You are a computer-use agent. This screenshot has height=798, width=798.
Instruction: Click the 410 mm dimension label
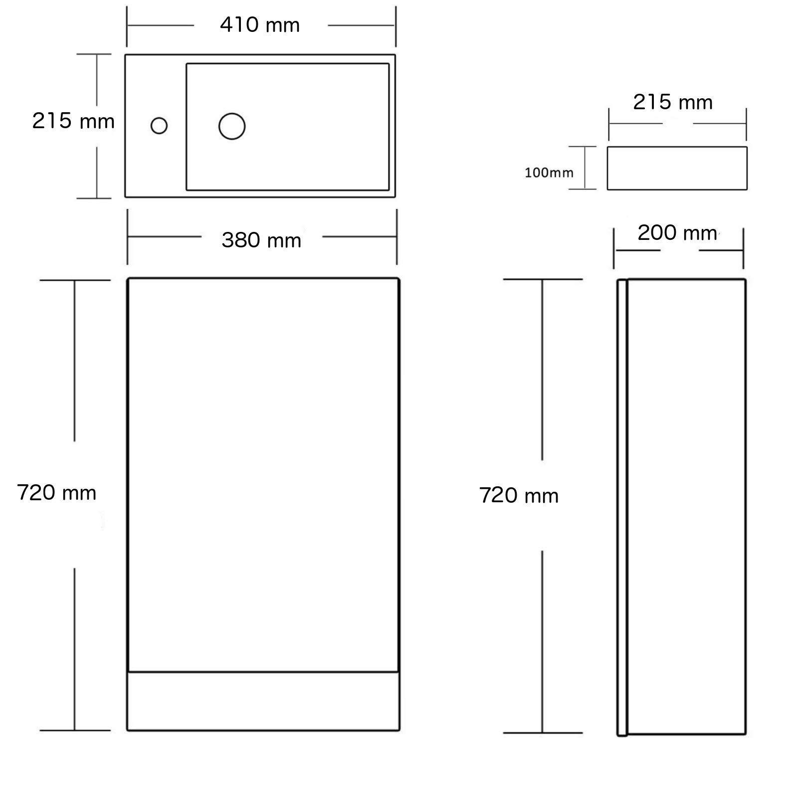point(260,25)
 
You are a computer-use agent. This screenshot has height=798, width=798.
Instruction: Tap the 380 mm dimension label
point(261,240)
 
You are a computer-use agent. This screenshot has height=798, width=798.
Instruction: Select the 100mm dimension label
point(549,173)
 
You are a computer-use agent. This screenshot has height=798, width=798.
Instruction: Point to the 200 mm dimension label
point(677,232)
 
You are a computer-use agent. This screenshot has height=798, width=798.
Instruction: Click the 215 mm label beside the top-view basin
point(73,121)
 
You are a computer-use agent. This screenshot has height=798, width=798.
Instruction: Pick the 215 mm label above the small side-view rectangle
point(673,102)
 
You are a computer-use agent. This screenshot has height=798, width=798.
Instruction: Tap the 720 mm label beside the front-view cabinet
point(56,493)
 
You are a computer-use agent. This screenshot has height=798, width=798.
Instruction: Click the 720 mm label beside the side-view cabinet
point(519,495)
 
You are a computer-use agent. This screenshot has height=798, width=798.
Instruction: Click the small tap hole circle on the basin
point(159,126)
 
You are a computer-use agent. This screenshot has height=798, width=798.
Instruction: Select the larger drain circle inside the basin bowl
point(232,126)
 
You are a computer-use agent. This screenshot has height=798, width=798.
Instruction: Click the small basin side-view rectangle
point(677,168)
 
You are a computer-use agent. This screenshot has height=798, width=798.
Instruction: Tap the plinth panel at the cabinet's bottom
point(263,701)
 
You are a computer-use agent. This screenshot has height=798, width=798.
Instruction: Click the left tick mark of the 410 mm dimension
point(127,26)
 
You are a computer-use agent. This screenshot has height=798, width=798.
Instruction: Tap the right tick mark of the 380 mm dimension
point(397,237)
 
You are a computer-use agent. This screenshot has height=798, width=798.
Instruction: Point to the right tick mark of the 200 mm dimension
point(743,248)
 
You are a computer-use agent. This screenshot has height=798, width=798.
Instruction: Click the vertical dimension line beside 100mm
point(585,168)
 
